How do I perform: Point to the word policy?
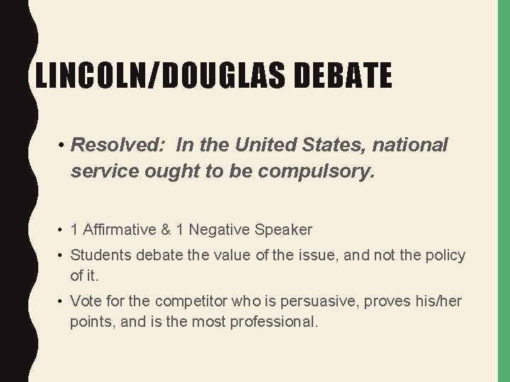click(443, 255)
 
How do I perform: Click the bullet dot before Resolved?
click(62, 146)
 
